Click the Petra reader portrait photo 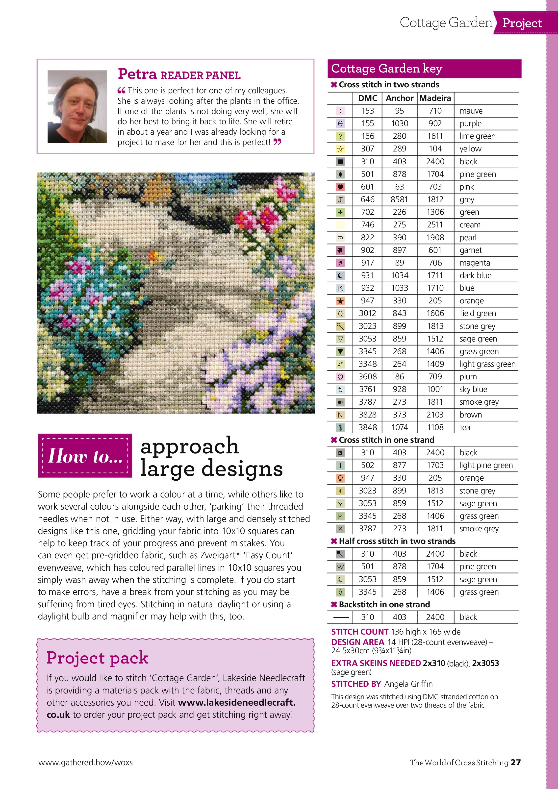tap(77, 106)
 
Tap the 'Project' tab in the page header tap(522, 23)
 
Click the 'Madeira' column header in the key tap(435, 98)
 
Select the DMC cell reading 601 tap(367, 187)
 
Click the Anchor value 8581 tap(399, 200)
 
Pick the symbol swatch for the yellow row tap(340, 149)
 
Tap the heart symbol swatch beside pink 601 tap(340, 187)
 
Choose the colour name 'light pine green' tap(486, 465)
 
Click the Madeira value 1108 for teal tap(435, 427)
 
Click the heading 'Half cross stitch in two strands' tap(397, 541)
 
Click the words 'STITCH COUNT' tap(360, 632)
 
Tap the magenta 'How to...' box tap(85, 456)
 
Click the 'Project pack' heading tap(97, 658)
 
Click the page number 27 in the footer tap(515, 762)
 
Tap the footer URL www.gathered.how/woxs tap(85, 762)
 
